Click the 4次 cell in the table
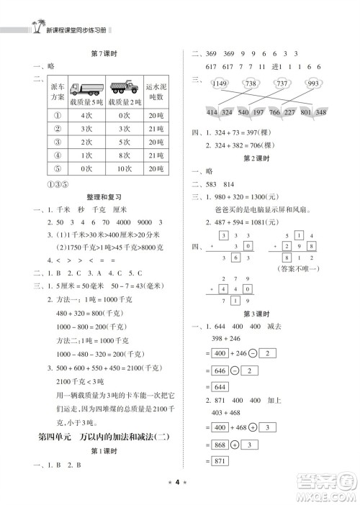coord(86,114)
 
